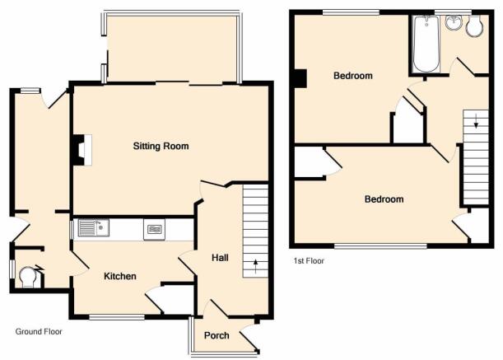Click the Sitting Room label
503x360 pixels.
[x=161, y=146]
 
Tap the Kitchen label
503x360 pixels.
[x=120, y=276]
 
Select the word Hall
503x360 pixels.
[x=220, y=258]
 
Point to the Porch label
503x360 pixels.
[x=217, y=335]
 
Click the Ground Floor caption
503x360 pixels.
[x=39, y=332]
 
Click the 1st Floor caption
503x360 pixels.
[x=309, y=261]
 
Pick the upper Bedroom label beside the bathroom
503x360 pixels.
[x=353, y=76]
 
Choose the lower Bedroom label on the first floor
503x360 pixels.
[x=384, y=199]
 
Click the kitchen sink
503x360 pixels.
[x=93, y=227]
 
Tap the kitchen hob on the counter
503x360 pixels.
[x=154, y=229]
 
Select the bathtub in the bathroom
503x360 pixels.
[x=426, y=44]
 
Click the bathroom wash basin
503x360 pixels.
[x=454, y=22]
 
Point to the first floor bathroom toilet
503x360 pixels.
[x=475, y=26]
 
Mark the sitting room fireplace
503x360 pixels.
[x=82, y=150]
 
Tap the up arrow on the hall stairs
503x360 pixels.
[x=256, y=266]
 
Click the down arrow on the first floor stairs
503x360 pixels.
[x=476, y=121]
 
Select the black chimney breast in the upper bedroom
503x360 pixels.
[x=300, y=79]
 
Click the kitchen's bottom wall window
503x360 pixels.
[x=117, y=317]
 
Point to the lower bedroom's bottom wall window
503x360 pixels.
[x=380, y=246]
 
